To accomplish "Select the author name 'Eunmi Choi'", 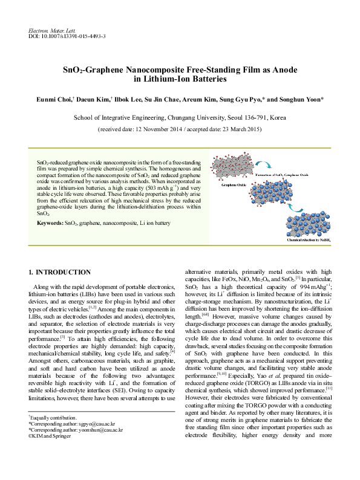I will (x=53, y=99).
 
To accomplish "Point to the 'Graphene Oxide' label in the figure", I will (x=226, y=184).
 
